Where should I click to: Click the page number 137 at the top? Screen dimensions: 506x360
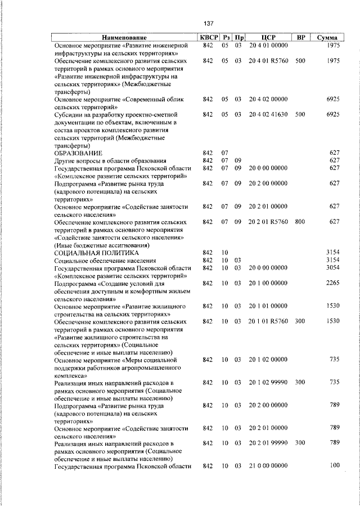208,24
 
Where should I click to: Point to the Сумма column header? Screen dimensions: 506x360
327,37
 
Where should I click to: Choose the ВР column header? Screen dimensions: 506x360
300,37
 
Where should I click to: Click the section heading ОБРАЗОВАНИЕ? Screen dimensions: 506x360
78,153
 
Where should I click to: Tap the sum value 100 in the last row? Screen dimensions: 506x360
335,465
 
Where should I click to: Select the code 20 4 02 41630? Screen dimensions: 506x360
268,114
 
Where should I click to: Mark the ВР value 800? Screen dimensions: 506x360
300,222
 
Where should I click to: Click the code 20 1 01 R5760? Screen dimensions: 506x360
268,321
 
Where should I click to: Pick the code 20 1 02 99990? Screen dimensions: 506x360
268,382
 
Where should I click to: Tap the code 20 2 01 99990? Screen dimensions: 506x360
268,443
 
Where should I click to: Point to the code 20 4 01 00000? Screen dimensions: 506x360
268,44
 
